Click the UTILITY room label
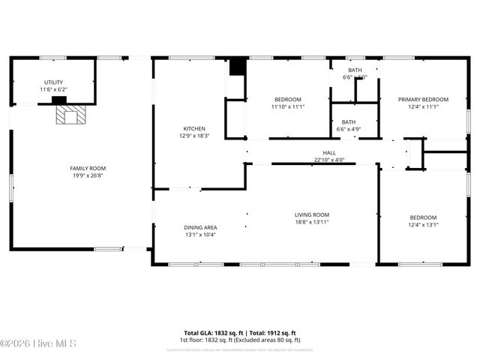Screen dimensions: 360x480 click(x=53, y=82)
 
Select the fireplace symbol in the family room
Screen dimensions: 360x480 click(x=72, y=115)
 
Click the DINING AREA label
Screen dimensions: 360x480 click(x=200, y=227)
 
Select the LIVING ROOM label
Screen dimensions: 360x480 click(x=311, y=214)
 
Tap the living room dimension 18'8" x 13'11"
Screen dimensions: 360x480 click(x=311, y=222)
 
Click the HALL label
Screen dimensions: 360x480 click(x=328, y=152)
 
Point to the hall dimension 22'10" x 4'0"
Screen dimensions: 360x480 click(x=328, y=159)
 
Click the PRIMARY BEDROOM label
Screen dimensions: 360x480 click(x=423, y=100)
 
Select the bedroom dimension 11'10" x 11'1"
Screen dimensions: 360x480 click(x=287, y=107)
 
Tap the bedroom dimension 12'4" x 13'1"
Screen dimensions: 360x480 click(x=423, y=224)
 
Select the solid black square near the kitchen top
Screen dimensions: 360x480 click(x=237, y=67)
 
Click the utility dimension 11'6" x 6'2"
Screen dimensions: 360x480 click(x=53, y=90)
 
